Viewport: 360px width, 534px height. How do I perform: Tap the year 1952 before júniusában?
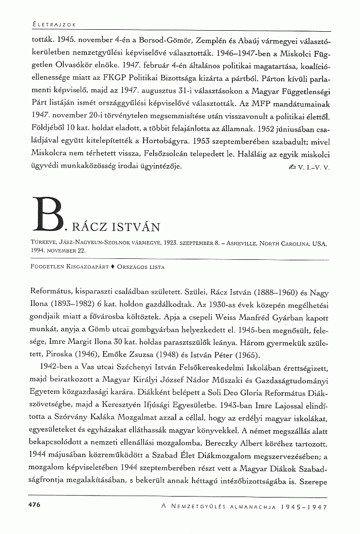coord(265,129)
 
